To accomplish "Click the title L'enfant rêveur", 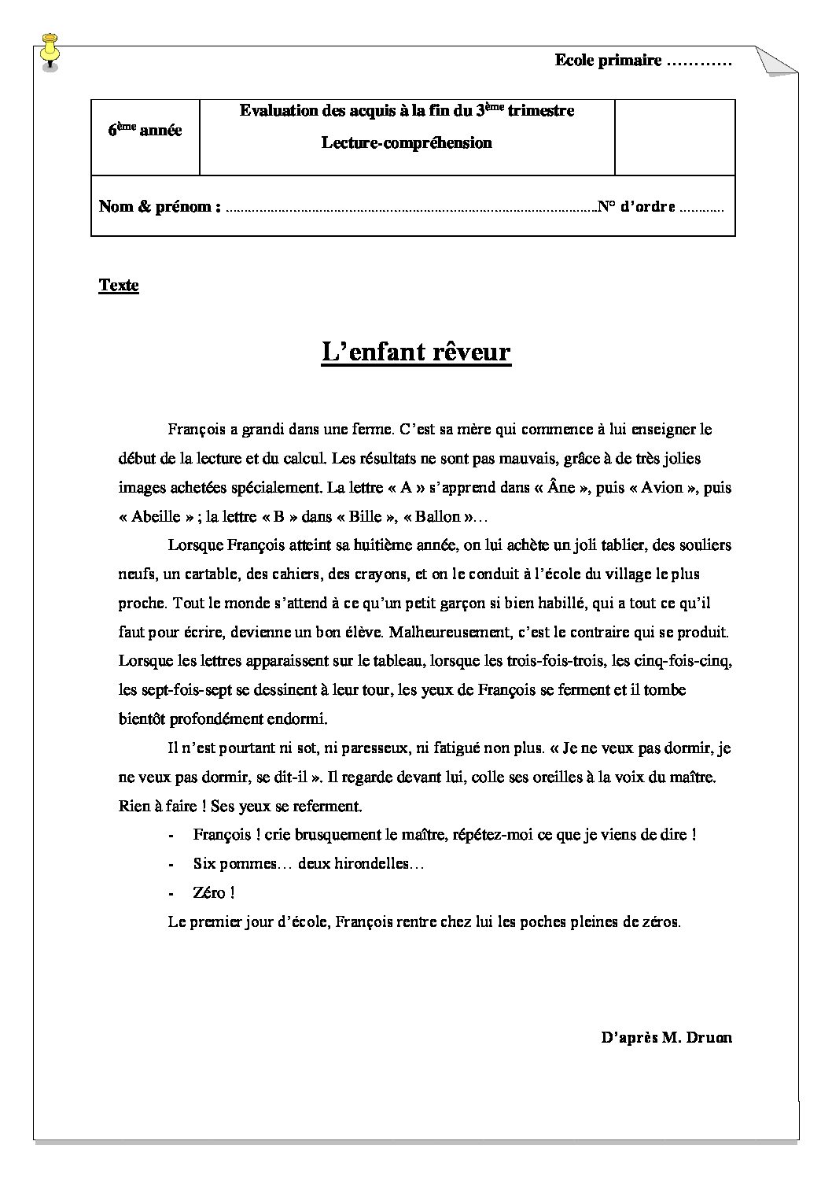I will (x=416, y=352).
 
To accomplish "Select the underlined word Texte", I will (x=119, y=286).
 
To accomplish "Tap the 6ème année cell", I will (x=145, y=131).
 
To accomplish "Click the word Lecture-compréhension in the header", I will (x=407, y=143).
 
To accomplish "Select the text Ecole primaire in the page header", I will (x=608, y=61).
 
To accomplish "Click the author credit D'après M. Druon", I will (x=665, y=1037).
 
